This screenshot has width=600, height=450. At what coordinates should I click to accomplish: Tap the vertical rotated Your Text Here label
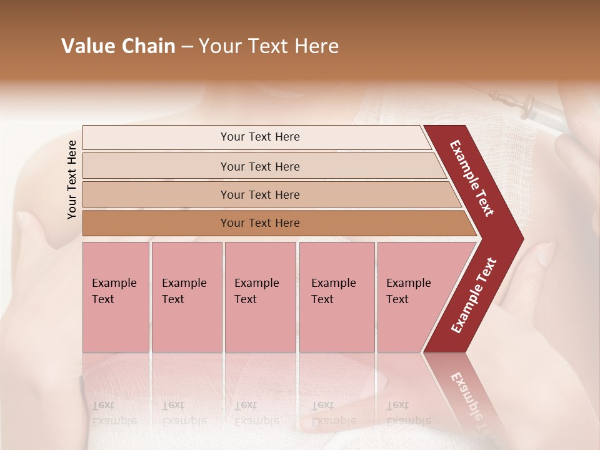point(72,179)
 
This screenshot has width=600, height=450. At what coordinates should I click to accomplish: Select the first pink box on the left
point(116,297)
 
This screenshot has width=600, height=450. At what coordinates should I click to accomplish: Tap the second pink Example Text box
point(186,297)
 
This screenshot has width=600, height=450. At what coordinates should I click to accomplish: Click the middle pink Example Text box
point(260,297)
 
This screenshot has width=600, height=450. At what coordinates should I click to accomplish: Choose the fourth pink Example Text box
point(336,297)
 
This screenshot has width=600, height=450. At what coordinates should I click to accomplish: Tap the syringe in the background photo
point(534,109)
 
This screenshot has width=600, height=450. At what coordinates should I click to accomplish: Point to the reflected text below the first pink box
point(114,413)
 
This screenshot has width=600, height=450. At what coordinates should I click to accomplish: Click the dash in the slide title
point(187,47)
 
